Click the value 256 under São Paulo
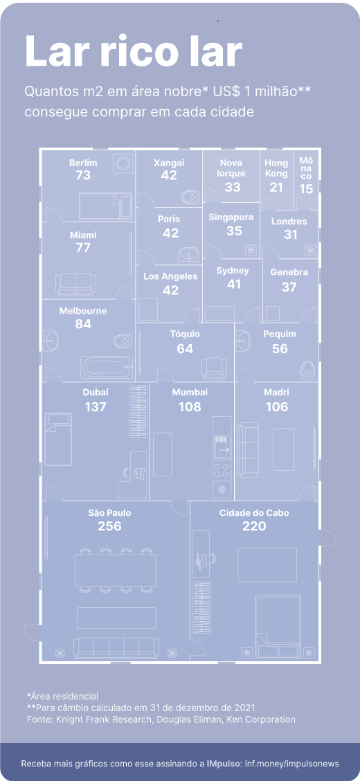109,526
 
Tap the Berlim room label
83,163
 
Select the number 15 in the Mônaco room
306,189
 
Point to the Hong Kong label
276,168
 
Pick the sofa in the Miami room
74,283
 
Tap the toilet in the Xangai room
190,197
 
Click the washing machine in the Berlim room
123,163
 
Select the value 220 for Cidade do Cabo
254,526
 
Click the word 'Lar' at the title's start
57,51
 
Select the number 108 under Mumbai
190,407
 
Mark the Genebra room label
289,273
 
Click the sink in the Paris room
189,255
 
